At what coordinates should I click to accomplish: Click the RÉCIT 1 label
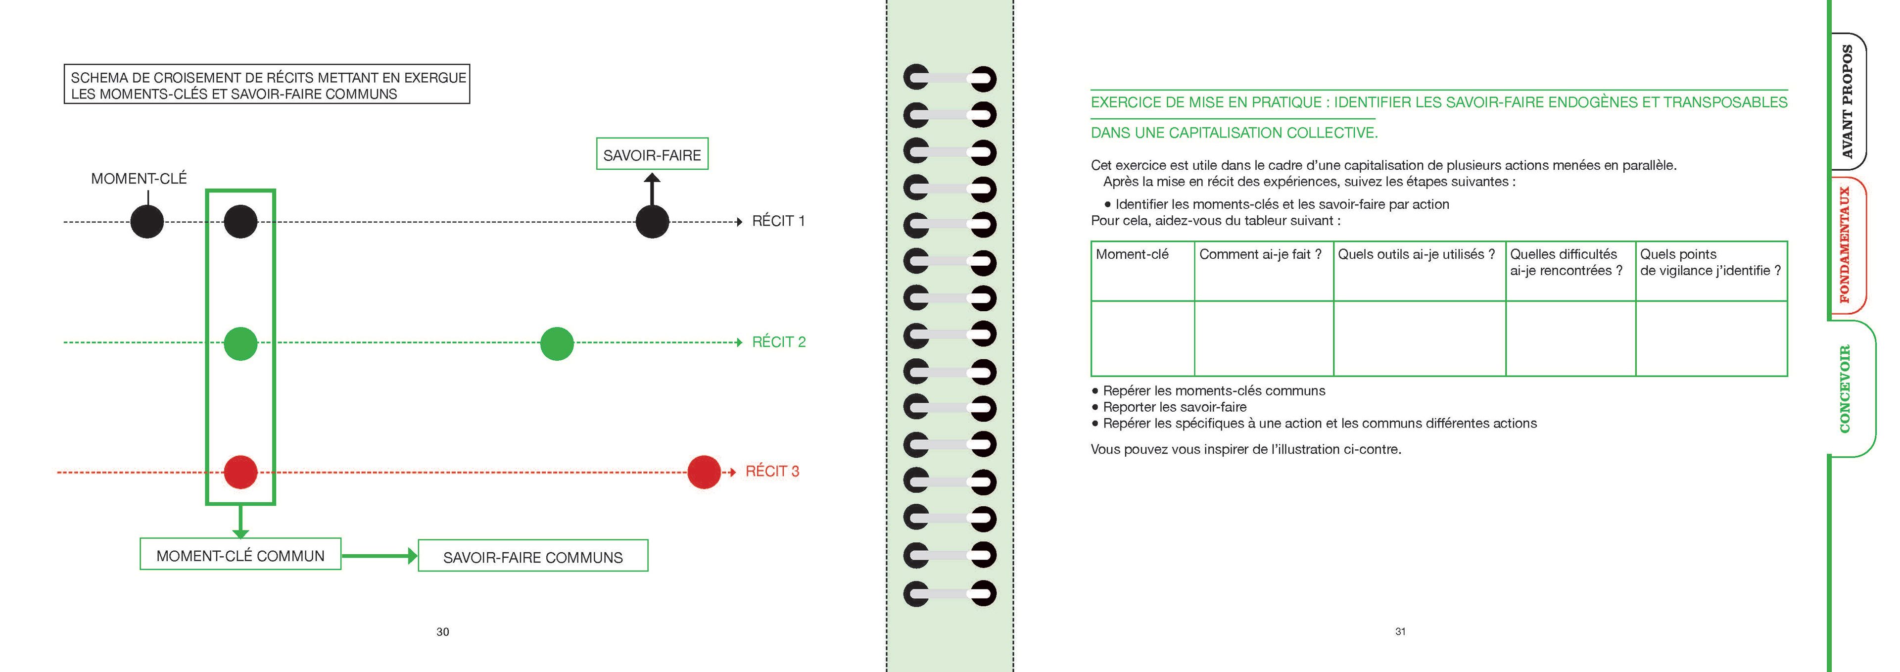[778, 221]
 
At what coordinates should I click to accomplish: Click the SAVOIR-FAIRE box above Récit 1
[652, 154]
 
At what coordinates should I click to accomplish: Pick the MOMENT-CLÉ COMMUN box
[240, 555]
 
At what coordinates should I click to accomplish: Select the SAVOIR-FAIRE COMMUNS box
[532, 556]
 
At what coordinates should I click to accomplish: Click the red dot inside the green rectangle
[240, 472]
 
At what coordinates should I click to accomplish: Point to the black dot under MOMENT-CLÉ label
[147, 221]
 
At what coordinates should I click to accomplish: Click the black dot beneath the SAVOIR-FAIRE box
[652, 221]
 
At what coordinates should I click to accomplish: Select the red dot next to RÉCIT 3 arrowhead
[704, 472]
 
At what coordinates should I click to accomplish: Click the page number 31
[1400, 631]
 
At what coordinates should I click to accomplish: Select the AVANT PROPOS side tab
[1847, 102]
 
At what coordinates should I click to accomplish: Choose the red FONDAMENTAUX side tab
[1846, 245]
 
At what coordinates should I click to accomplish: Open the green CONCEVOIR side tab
[1846, 389]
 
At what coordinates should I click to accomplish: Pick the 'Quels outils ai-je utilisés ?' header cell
[1416, 254]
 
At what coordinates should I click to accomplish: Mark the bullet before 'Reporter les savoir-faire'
[1095, 408]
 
